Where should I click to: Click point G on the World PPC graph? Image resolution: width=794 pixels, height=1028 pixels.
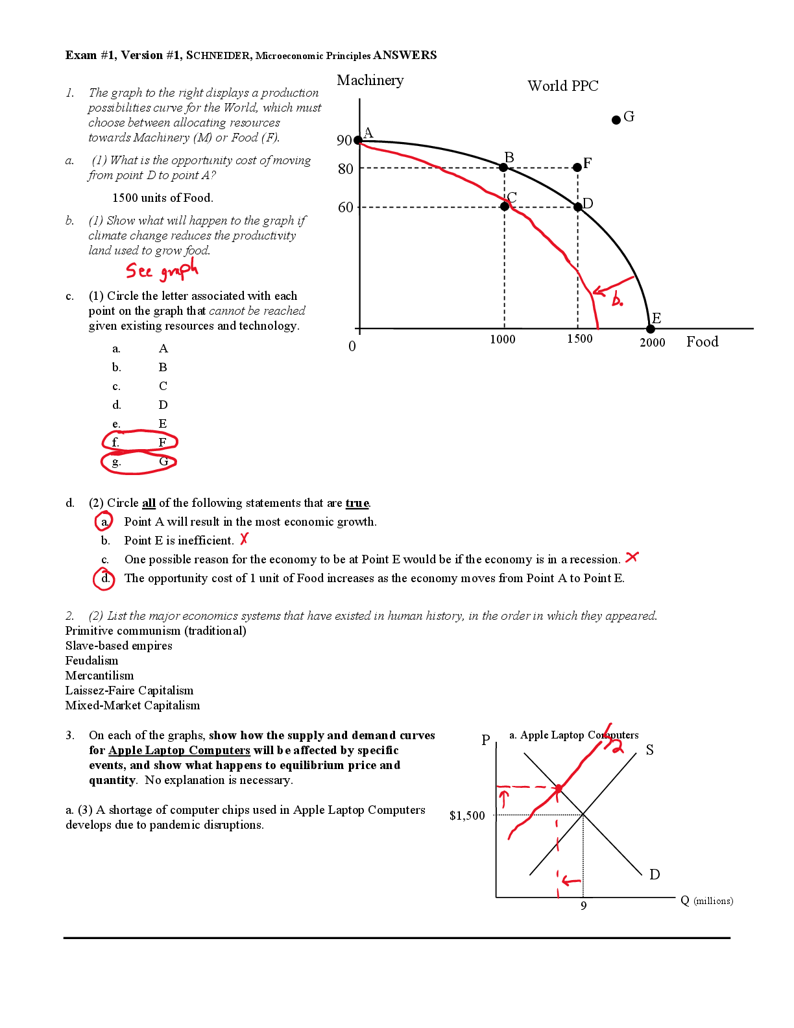click(616, 120)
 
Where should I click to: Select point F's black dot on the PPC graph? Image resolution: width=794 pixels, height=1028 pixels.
click(577, 167)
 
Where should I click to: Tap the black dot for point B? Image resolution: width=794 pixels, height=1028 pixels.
click(503, 167)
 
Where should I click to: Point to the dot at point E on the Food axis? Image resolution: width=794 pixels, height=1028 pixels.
click(650, 329)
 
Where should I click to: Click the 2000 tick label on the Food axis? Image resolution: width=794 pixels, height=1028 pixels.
click(652, 343)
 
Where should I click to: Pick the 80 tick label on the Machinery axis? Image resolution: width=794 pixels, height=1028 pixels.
click(345, 169)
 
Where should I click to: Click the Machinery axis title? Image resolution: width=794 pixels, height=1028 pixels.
click(370, 81)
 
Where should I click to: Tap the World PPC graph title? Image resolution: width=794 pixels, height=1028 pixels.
click(563, 86)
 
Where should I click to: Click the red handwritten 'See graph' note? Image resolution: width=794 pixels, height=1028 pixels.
click(162, 269)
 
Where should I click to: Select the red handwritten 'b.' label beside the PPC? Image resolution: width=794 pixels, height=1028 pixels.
click(617, 299)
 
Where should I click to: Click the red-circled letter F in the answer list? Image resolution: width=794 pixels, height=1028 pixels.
click(162, 443)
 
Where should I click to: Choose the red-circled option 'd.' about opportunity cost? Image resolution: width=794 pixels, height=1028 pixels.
click(104, 579)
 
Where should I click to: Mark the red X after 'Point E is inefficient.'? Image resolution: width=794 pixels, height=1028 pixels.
click(243, 539)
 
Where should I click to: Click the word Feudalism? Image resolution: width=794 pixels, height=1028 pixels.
click(91, 661)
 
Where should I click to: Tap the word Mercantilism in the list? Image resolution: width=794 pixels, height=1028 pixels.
click(99, 676)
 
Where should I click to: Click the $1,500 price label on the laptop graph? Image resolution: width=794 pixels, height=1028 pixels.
click(467, 816)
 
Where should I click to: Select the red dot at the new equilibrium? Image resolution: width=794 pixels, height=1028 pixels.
click(559, 788)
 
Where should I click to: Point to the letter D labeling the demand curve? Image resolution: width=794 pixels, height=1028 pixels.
click(655, 874)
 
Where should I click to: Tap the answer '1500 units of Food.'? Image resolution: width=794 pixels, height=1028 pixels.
click(163, 198)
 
